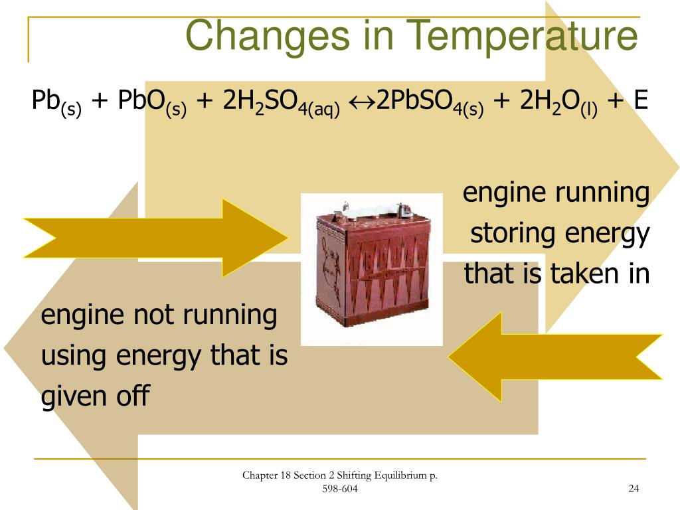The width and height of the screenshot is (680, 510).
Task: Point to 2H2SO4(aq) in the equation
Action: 282,103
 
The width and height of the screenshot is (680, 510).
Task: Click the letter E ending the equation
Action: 640,100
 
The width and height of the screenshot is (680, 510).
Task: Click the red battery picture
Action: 372,269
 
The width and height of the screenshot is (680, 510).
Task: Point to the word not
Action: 153,315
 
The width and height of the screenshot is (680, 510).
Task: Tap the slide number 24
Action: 633,489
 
